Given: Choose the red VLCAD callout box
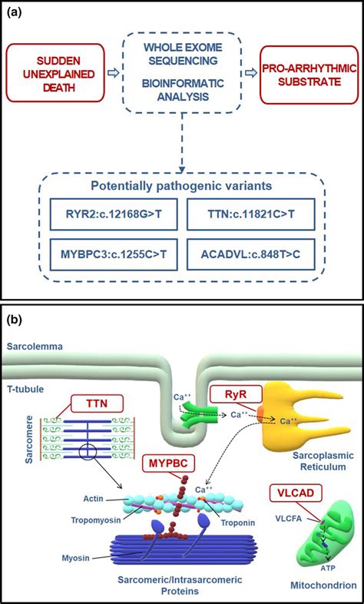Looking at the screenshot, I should pyautogui.click(x=296, y=492).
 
